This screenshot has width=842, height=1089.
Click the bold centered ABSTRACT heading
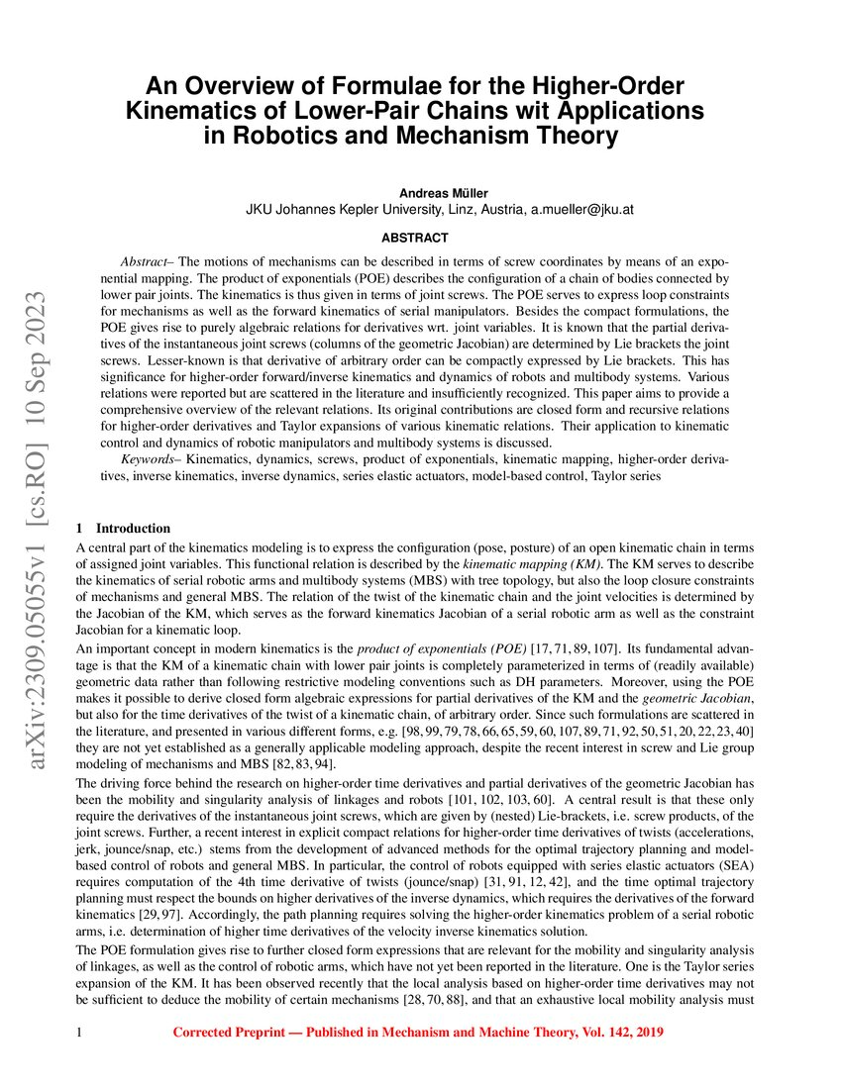(416, 239)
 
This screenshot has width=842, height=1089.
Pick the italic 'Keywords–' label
(152, 460)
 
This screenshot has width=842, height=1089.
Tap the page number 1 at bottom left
(78, 1033)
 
